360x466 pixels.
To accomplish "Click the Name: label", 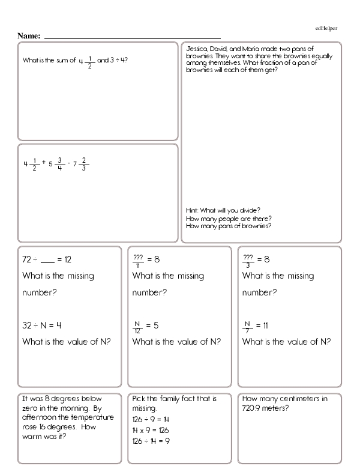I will click(x=29, y=36).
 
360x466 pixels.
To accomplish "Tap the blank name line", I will click(x=132, y=37).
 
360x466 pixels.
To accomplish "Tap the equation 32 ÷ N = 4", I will click(x=42, y=325).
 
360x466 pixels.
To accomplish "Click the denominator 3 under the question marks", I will click(x=247, y=265).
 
